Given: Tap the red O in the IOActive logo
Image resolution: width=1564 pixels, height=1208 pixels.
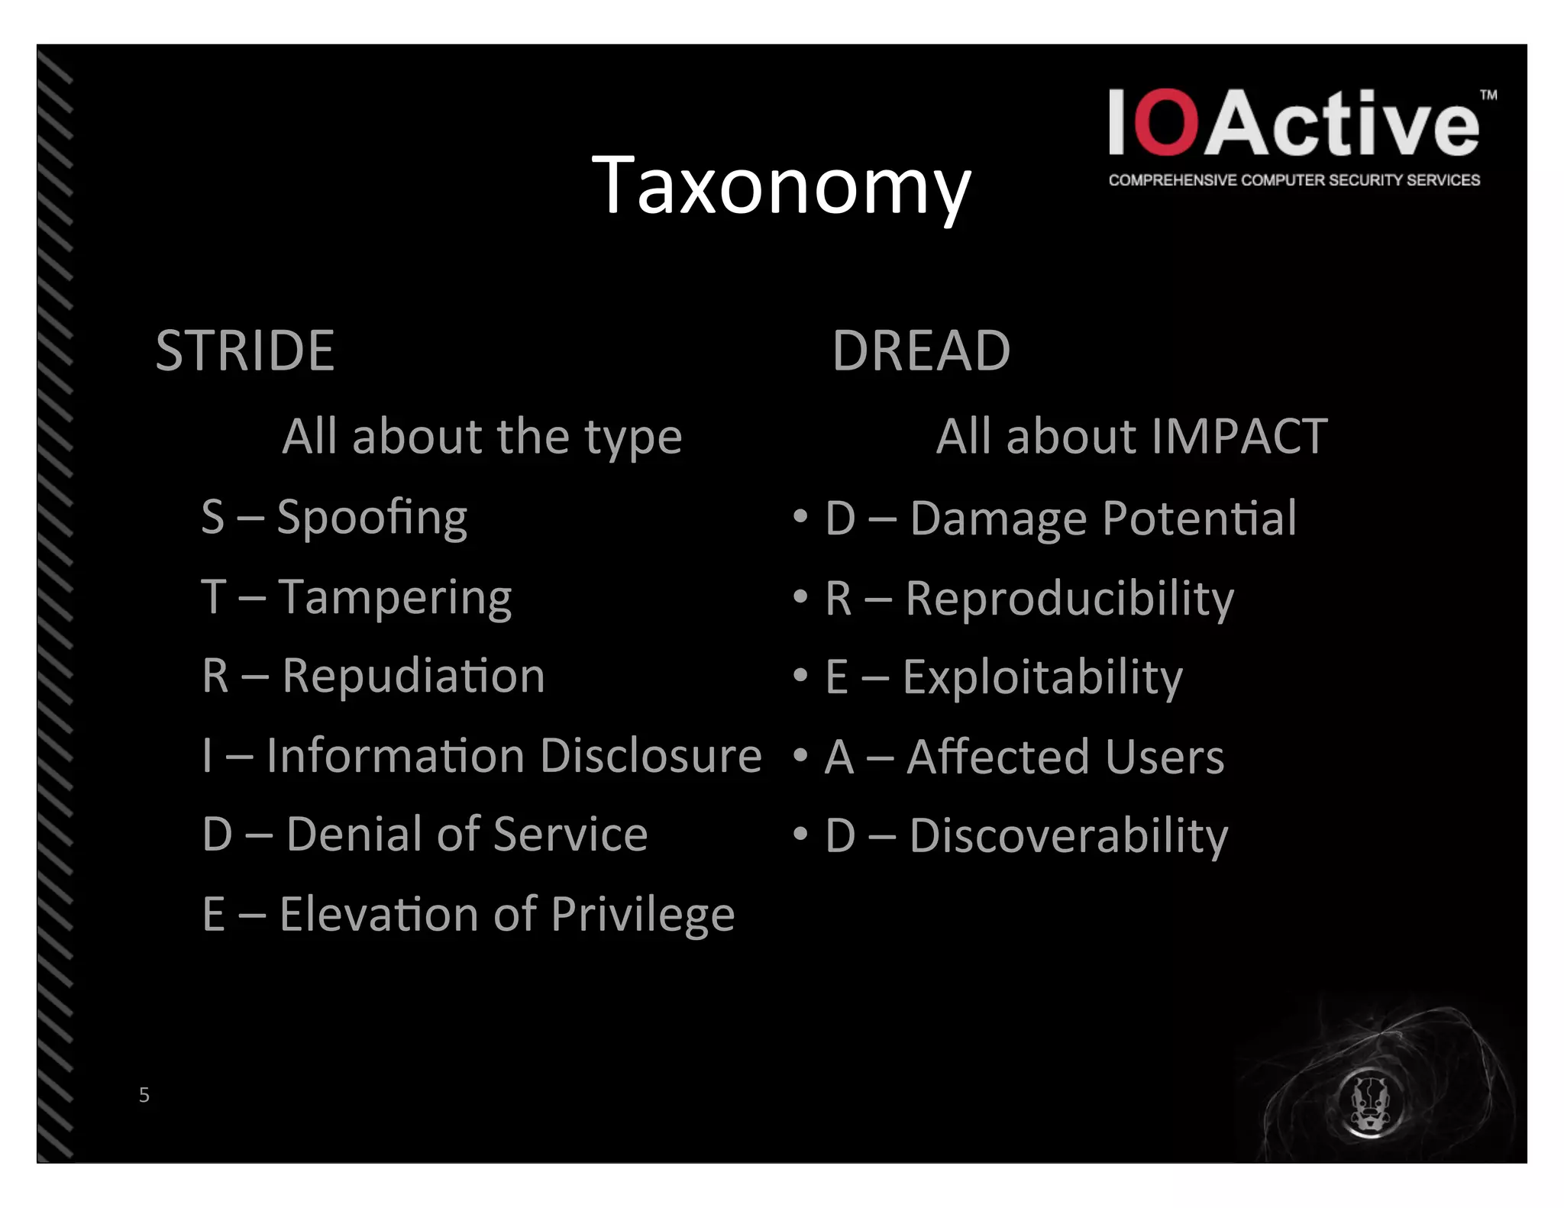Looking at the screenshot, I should (1165, 122).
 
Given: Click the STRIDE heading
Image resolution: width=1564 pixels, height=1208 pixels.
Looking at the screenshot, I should (245, 351).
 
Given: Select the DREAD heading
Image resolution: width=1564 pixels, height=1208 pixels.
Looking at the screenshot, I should (921, 351).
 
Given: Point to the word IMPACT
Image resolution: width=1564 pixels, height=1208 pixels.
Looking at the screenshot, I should (1239, 436).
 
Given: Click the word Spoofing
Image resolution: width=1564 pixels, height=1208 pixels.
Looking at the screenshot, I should (372, 518).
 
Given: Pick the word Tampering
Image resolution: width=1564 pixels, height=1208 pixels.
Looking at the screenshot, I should (395, 597).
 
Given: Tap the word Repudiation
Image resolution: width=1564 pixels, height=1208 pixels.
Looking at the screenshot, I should (413, 677).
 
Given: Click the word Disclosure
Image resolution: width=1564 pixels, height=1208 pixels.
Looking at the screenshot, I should (651, 756).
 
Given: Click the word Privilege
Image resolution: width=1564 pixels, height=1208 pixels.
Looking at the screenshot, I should (642, 914).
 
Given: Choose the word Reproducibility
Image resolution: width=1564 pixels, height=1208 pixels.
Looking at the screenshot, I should (1069, 599).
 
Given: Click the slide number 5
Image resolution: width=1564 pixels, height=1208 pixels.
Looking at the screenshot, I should (144, 1095).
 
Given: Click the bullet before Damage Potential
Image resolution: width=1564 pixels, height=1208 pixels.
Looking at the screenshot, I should (800, 517).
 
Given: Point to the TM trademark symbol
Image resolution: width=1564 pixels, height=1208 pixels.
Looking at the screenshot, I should (1488, 95).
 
